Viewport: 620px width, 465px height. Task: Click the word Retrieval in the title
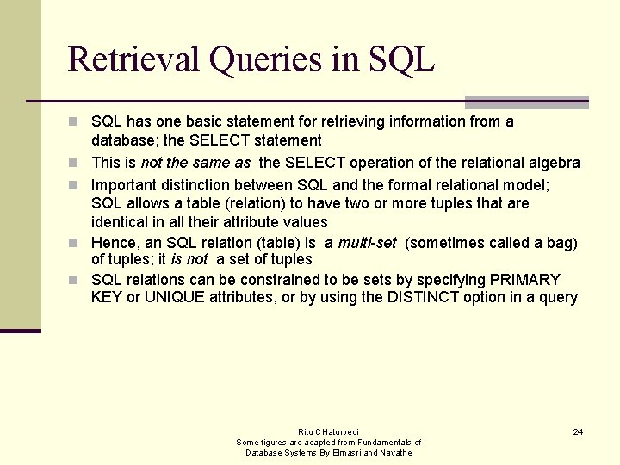coord(132,59)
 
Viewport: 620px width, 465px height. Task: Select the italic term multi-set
coord(367,243)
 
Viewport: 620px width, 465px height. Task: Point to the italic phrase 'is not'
coord(189,259)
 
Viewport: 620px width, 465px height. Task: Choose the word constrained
coord(282,280)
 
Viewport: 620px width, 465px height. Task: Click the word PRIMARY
coord(525,280)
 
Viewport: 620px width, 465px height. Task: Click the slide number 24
coord(578,431)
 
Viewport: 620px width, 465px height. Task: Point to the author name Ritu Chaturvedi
coord(328,431)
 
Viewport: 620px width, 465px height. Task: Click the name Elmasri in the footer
coord(348,452)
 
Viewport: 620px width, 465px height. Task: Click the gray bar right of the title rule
coord(527,102)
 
